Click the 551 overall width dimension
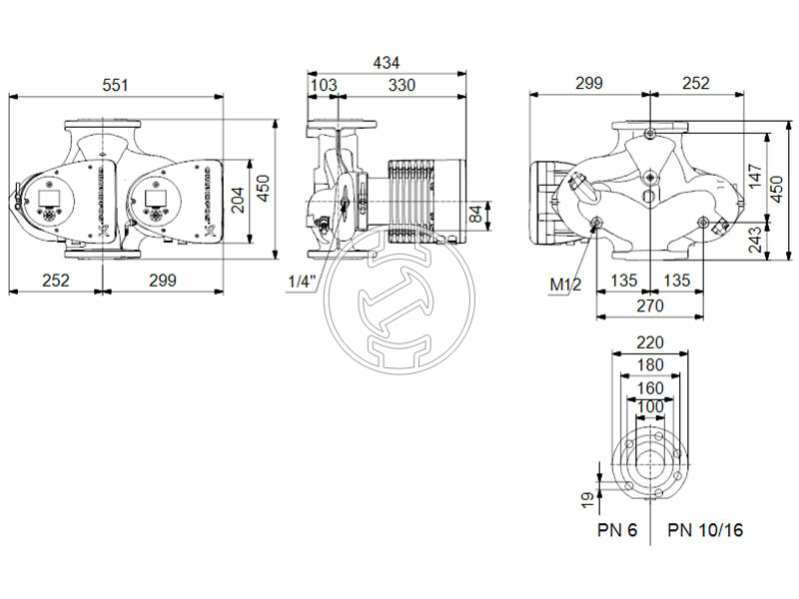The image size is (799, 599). (x=117, y=86)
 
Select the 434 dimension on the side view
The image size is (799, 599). (x=387, y=62)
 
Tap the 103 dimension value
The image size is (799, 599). (x=324, y=86)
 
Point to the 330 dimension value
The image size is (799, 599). (x=401, y=86)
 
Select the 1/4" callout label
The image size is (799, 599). (x=300, y=283)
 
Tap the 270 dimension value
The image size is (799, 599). (x=649, y=308)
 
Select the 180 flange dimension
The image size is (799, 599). (x=650, y=363)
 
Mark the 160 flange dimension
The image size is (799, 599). (x=650, y=386)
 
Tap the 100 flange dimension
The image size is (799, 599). (x=650, y=407)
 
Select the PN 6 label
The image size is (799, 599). (x=617, y=529)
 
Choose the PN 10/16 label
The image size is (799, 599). (x=705, y=529)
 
